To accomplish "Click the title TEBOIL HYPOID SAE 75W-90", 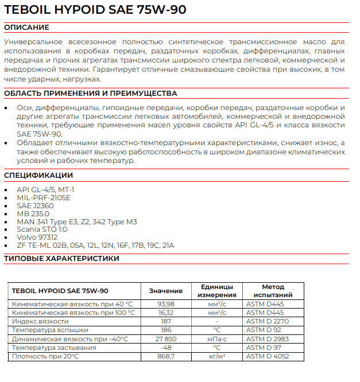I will pyautogui.click(x=95, y=10).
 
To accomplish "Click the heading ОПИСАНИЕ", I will pyautogui.click(x=26, y=28).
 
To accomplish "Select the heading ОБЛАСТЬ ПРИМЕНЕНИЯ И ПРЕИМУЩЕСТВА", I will pyautogui.click(x=90, y=93).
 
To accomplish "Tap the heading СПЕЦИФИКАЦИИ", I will pyautogui.click(x=38, y=175).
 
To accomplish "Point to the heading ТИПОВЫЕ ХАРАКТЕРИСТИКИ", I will pyautogui.click(x=61, y=258).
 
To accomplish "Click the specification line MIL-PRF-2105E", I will pyautogui.click(x=43, y=197).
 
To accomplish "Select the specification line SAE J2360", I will pyautogui.click(x=36, y=205).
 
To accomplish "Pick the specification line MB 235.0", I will pyautogui.click(x=33, y=213).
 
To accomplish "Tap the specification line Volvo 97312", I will pyautogui.click(x=37, y=237).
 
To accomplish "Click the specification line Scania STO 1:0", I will pyautogui.click(x=42, y=229).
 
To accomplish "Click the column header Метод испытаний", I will pyautogui.click(x=273, y=291).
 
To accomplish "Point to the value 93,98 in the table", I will pyautogui.click(x=165, y=304).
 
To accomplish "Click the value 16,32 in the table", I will pyautogui.click(x=165, y=313).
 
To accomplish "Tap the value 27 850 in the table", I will pyautogui.click(x=165, y=339).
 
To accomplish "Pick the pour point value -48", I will pyautogui.click(x=166, y=348).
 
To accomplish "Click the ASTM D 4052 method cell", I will pyautogui.click(x=268, y=356).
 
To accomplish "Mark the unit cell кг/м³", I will pyautogui.click(x=216, y=356).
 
